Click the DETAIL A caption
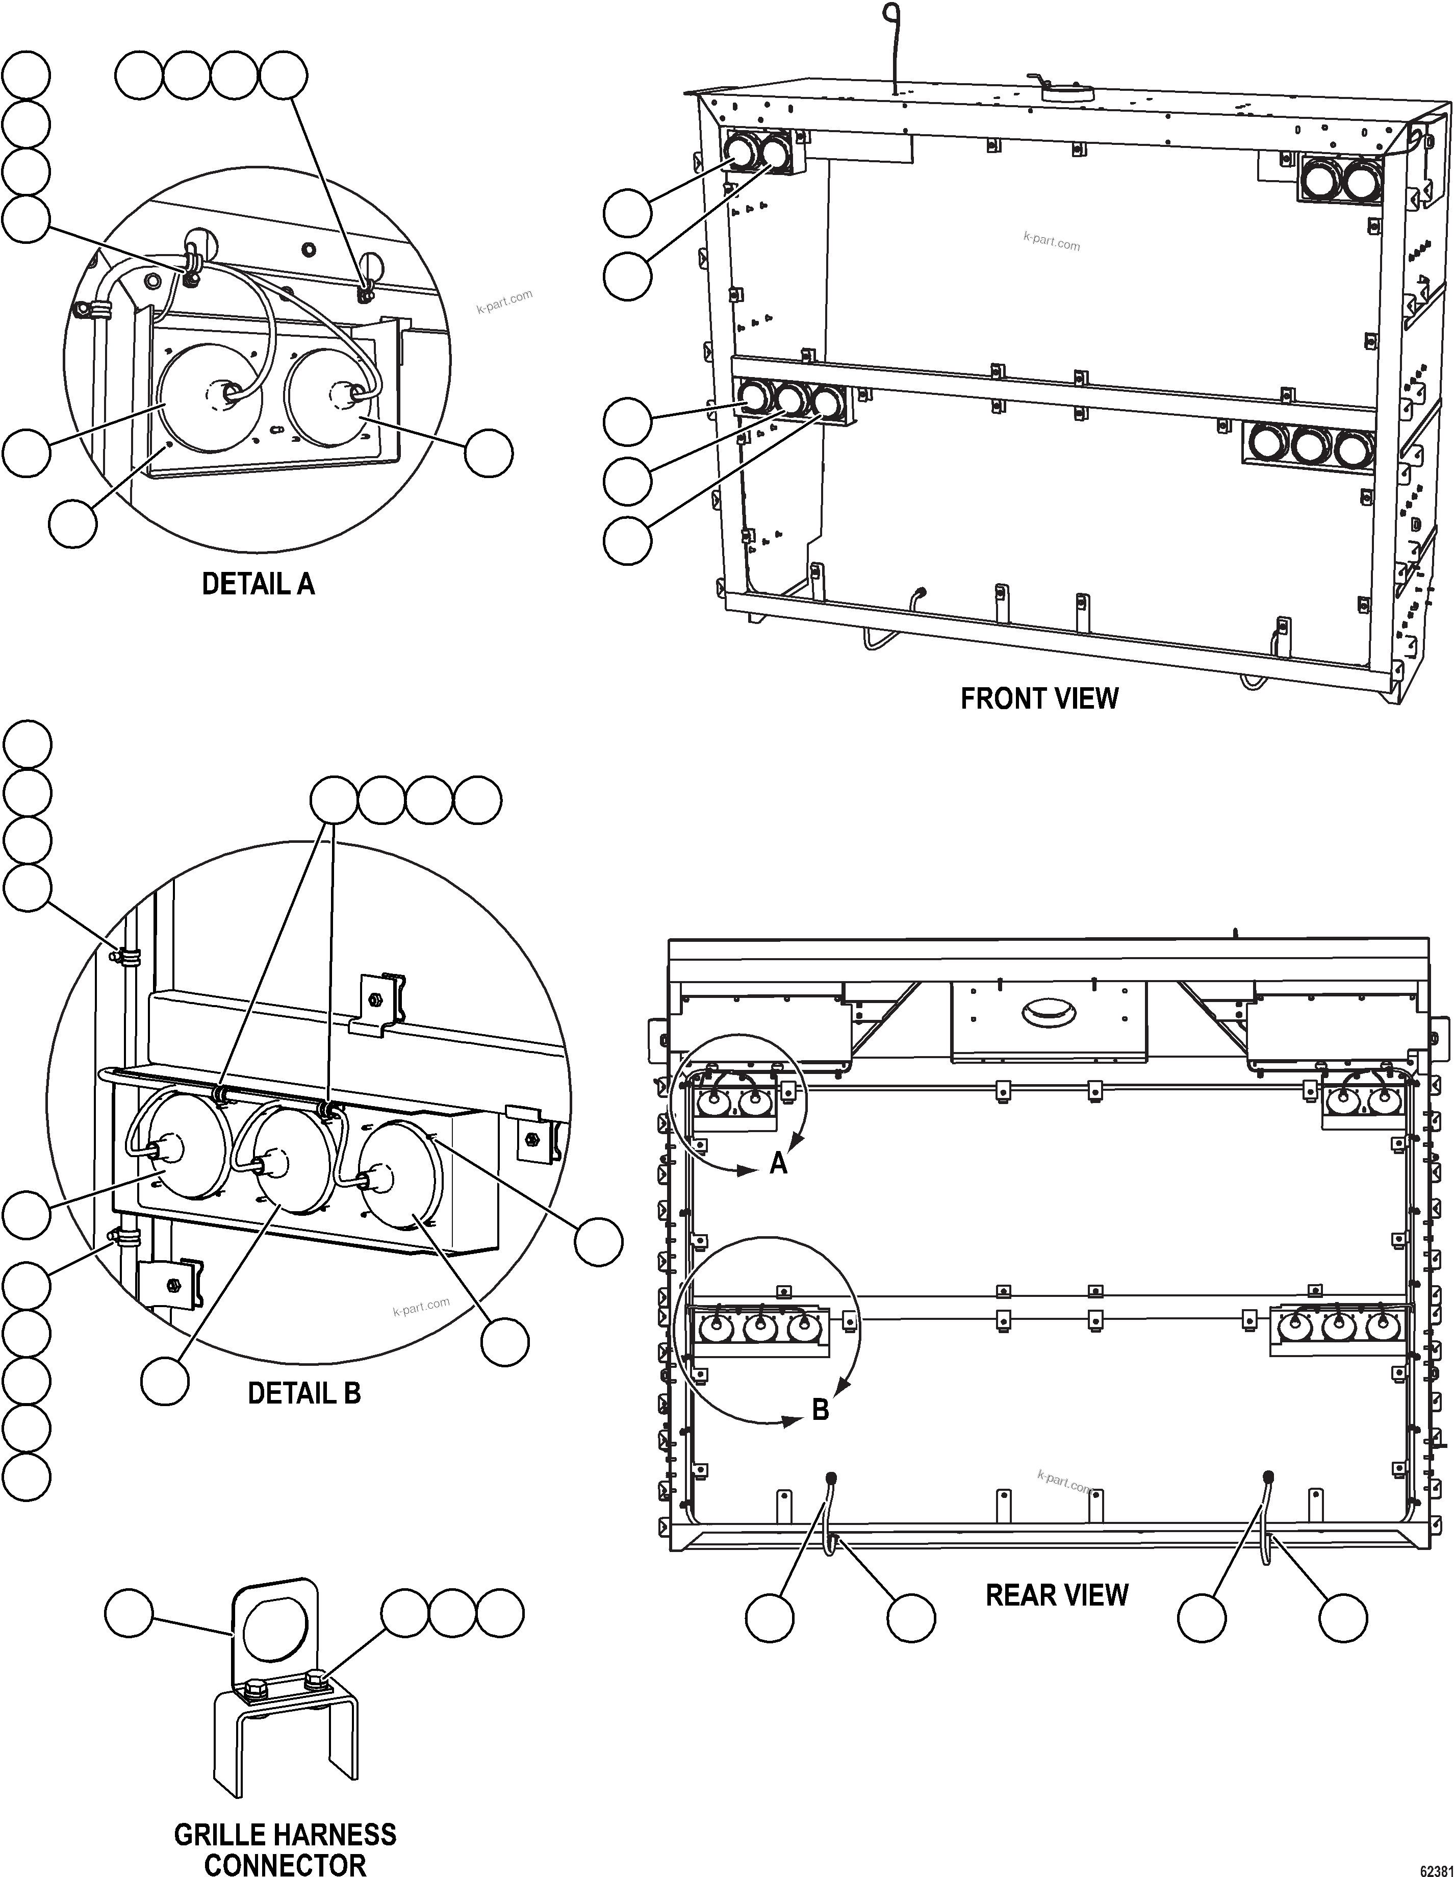(x=258, y=584)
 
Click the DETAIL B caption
(x=304, y=1393)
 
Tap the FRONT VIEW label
(x=1039, y=699)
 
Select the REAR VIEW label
(x=1056, y=1595)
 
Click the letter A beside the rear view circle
(x=778, y=1164)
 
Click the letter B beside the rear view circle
(x=821, y=1410)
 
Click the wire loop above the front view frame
(x=893, y=15)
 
